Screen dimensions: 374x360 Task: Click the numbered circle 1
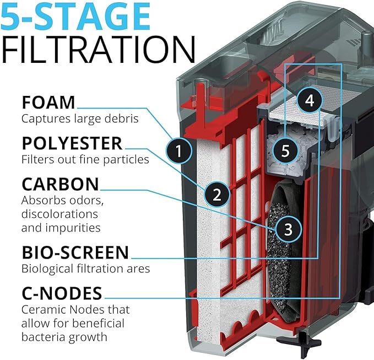179,151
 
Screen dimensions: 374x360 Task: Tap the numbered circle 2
217,194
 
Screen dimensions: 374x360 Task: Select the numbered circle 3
289,229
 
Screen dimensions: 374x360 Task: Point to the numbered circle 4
310,100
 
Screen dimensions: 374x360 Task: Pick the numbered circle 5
285,151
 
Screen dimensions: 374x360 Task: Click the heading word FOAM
48,103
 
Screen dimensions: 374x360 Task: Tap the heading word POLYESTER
72,143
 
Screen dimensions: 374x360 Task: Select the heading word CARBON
60,184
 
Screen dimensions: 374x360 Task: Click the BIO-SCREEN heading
75,252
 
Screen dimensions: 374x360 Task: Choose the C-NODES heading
62,293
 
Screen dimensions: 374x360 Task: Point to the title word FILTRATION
98,50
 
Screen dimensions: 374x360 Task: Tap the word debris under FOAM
123,119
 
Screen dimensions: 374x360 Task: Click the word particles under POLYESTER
126,160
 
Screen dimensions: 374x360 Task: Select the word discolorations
59,214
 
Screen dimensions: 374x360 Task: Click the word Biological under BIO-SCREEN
47,269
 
